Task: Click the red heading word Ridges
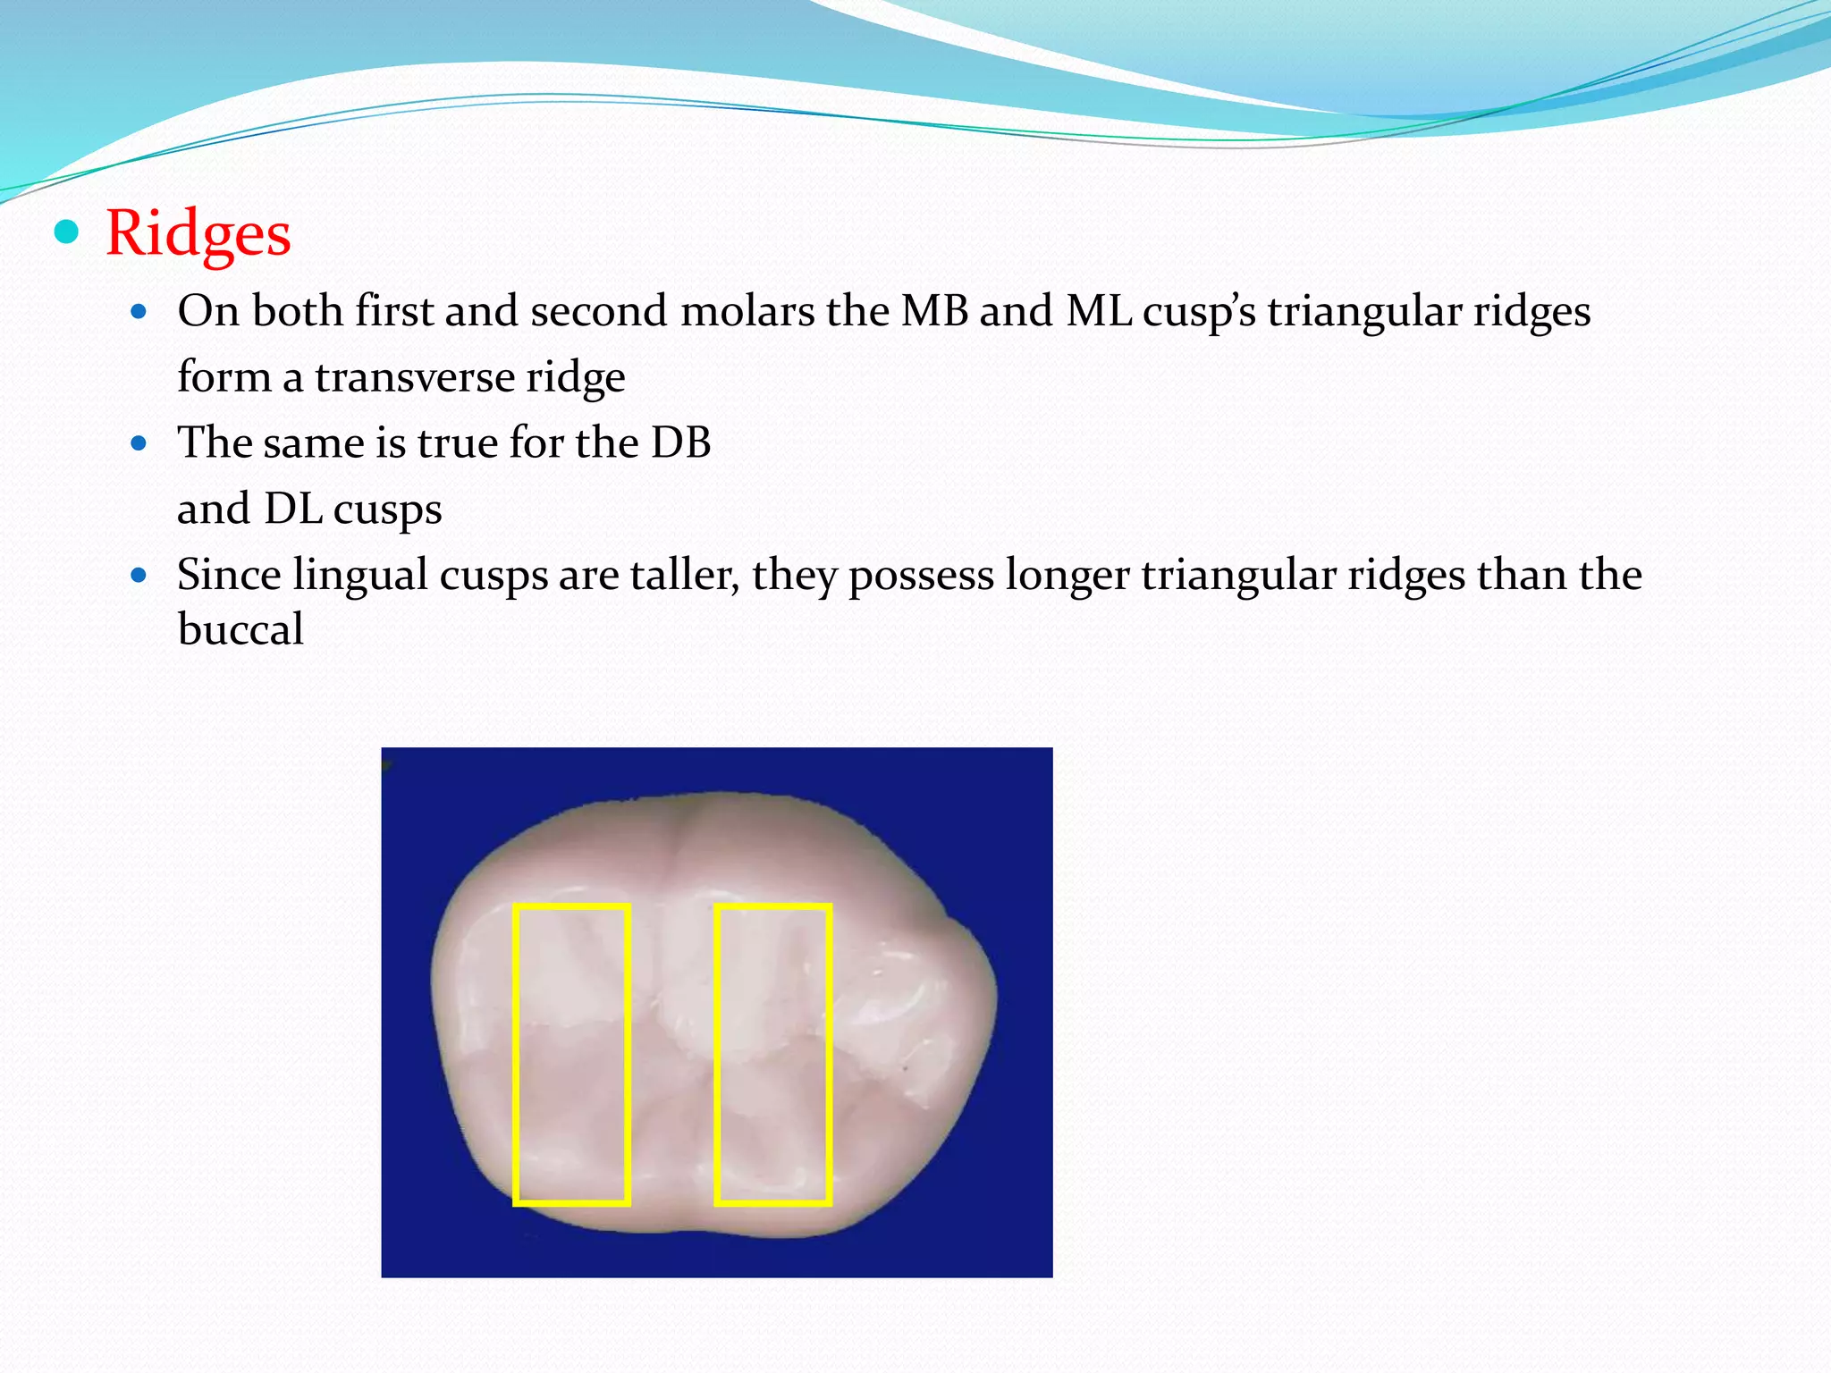198,233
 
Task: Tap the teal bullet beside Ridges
66,232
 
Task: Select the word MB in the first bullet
934,312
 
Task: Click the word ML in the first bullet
1099,312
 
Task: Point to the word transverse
415,377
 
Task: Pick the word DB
680,443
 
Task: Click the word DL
293,510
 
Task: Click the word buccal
240,629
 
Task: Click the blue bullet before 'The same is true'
138,443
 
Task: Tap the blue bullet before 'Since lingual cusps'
138,576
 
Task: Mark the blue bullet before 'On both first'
138,312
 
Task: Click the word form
224,377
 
